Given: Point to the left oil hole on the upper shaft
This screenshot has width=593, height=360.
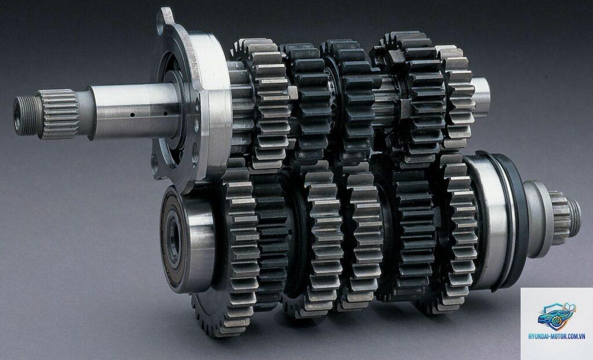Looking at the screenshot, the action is tap(132, 115).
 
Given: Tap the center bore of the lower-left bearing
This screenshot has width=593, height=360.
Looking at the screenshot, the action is tap(173, 239).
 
